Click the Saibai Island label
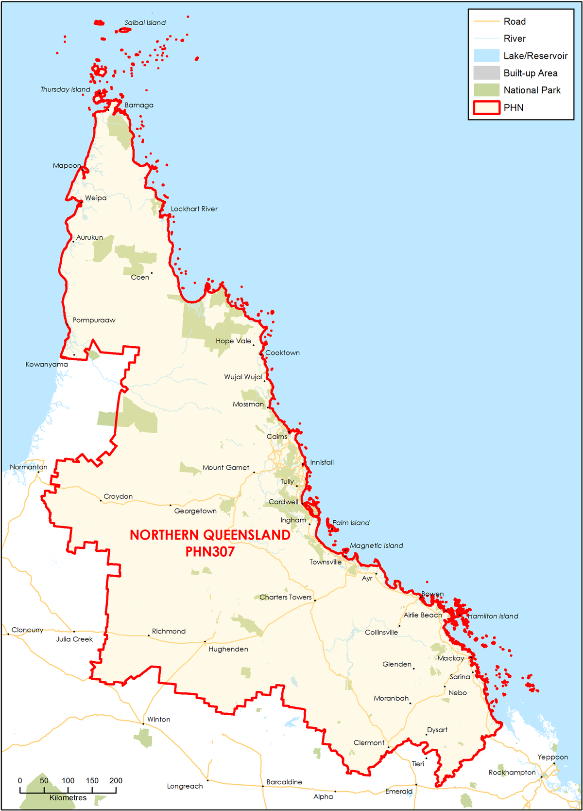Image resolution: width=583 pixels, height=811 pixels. [145, 23]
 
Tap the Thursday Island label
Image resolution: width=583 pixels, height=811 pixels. [65, 89]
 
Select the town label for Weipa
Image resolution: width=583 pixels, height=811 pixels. [96, 198]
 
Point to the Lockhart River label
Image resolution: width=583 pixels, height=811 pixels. [194, 209]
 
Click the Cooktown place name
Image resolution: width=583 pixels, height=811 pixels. [282, 353]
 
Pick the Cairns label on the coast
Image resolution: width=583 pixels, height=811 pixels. [277, 437]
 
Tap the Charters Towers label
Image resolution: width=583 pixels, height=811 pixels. [285, 597]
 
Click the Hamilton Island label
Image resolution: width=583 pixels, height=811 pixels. [493, 616]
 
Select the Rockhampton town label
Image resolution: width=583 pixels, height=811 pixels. [512, 773]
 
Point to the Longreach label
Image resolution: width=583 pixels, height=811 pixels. [185, 786]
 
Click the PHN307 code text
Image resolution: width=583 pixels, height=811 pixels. [210, 552]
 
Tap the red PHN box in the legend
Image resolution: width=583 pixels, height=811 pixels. [487, 107]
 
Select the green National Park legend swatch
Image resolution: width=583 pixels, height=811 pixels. [487, 90]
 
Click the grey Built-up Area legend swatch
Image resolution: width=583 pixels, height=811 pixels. [487, 73]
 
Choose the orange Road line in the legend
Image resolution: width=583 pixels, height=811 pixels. [487, 21]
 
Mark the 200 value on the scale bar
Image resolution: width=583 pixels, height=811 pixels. [116, 781]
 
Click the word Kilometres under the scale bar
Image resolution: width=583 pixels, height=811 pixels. [68, 798]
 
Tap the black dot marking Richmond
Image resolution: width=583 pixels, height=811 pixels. [149, 635]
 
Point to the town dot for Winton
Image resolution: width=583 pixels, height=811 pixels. [143, 724]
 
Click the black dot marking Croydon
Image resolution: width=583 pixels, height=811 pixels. [101, 501]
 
